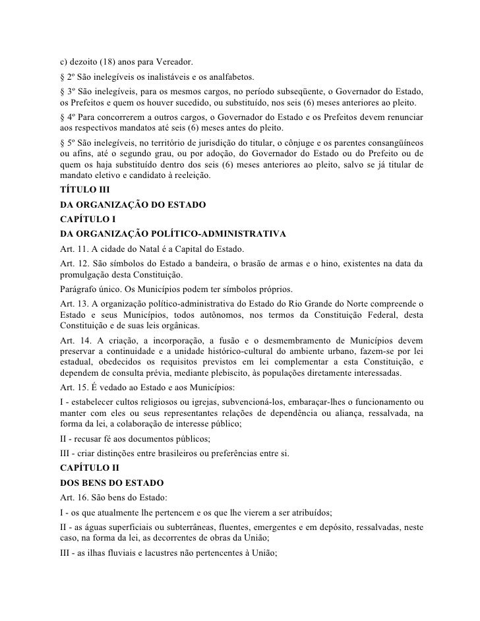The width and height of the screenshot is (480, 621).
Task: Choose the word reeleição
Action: click(191, 177)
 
